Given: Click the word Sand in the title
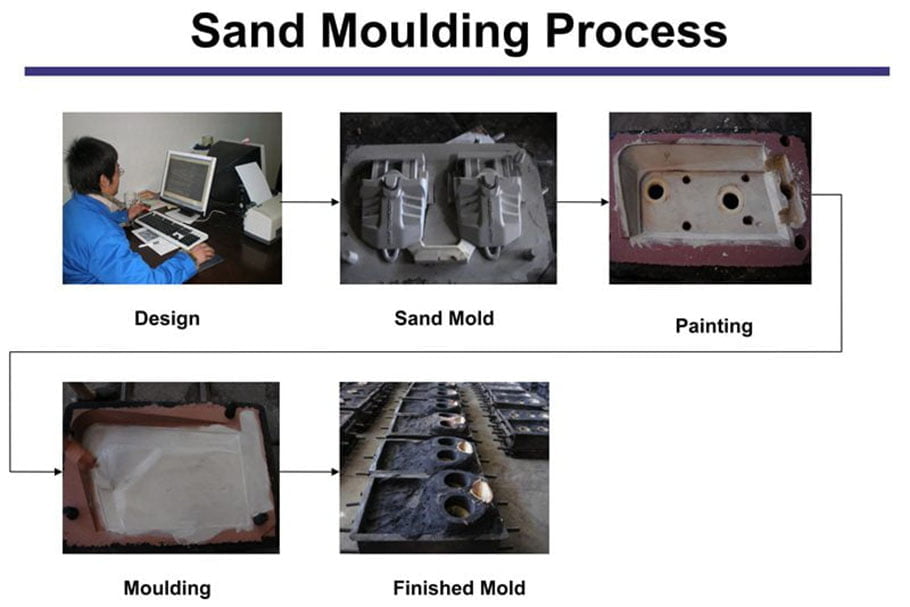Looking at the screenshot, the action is (x=248, y=31).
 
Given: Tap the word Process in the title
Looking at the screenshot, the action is (x=636, y=31).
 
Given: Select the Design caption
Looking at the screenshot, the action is (x=167, y=319).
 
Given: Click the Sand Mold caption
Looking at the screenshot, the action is (x=444, y=318).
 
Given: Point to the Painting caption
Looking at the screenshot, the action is (x=714, y=326).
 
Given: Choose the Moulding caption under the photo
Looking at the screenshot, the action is (x=167, y=588).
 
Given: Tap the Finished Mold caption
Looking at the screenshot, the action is (x=459, y=588).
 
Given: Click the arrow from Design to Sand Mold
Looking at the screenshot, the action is (x=310, y=202).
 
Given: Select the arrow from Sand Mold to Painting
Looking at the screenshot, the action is (x=583, y=202).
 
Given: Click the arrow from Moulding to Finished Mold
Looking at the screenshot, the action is (x=309, y=472).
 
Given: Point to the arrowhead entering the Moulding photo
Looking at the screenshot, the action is (x=58, y=472).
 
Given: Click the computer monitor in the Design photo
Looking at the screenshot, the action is (x=187, y=182).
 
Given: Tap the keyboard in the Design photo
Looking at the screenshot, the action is (x=171, y=229).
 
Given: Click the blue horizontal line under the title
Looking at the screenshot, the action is (x=457, y=71).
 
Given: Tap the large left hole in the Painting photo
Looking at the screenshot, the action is (x=656, y=190).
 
